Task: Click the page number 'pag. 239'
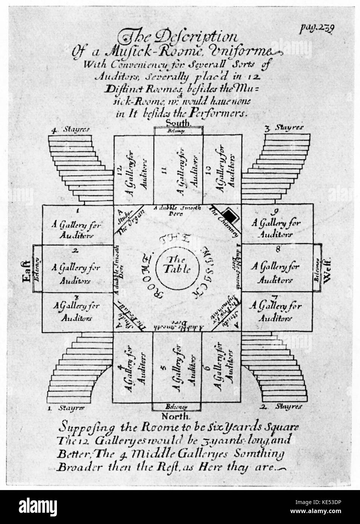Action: coord(316,29)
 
